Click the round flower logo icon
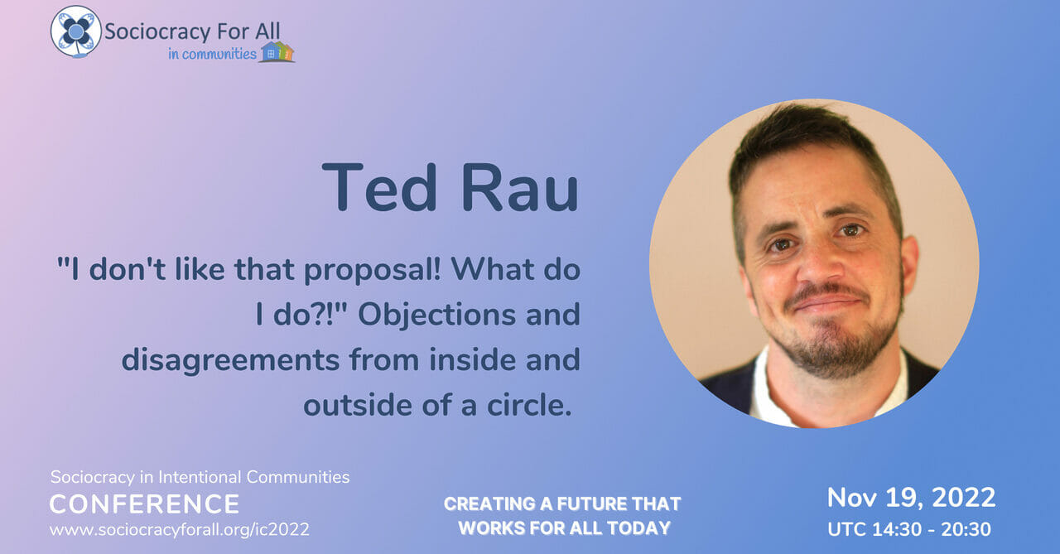click(75, 31)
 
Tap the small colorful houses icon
click(277, 51)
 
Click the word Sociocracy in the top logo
click(157, 32)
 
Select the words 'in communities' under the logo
click(212, 54)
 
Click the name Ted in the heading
click(379, 187)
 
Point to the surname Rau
click(519, 187)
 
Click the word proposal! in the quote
click(373, 271)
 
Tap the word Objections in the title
click(436, 315)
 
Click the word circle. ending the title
click(529, 405)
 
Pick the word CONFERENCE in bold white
click(144, 503)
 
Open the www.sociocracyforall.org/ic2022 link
click(180, 529)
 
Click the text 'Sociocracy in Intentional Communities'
click(200, 477)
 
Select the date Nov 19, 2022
click(912, 499)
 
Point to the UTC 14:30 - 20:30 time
click(909, 529)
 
